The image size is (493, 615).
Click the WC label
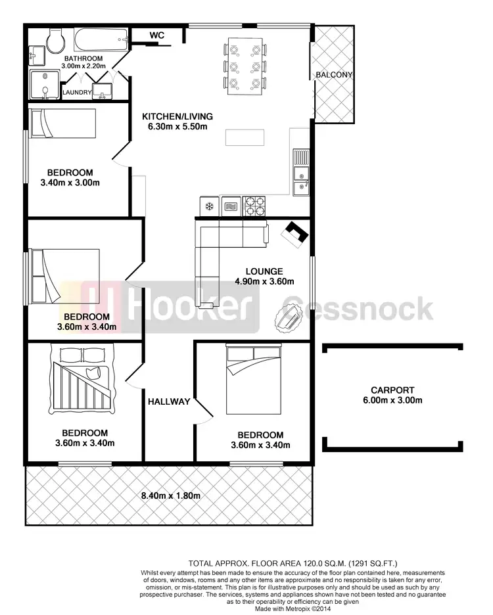(157, 34)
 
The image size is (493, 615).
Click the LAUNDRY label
(76, 93)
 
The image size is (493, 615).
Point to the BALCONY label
(334, 75)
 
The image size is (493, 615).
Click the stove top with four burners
(255, 206)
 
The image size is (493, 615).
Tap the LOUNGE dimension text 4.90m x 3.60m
(264, 282)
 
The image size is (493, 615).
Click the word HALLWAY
(169, 401)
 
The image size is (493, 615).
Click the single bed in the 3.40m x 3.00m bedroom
(64, 124)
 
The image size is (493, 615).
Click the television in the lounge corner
(296, 234)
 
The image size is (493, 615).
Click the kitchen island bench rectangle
(245, 137)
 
